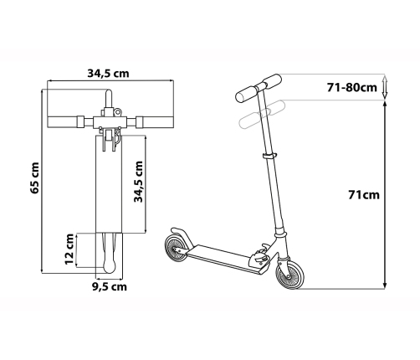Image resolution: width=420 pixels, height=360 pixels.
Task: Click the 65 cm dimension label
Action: tap(35, 177)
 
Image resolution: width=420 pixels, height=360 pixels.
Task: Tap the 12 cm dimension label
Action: tap(69, 249)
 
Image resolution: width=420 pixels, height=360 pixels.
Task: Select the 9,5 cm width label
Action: tap(110, 286)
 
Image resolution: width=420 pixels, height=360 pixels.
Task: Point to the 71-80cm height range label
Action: tap(352, 88)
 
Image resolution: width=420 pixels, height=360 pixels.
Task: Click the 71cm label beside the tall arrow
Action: tap(364, 195)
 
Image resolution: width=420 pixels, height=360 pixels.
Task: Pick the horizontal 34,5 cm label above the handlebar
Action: tap(109, 74)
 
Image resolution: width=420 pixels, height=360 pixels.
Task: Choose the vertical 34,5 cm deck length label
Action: tap(139, 182)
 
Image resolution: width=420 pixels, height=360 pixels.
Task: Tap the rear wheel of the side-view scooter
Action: tap(177, 249)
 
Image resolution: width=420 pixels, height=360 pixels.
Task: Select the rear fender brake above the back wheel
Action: tap(182, 236)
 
